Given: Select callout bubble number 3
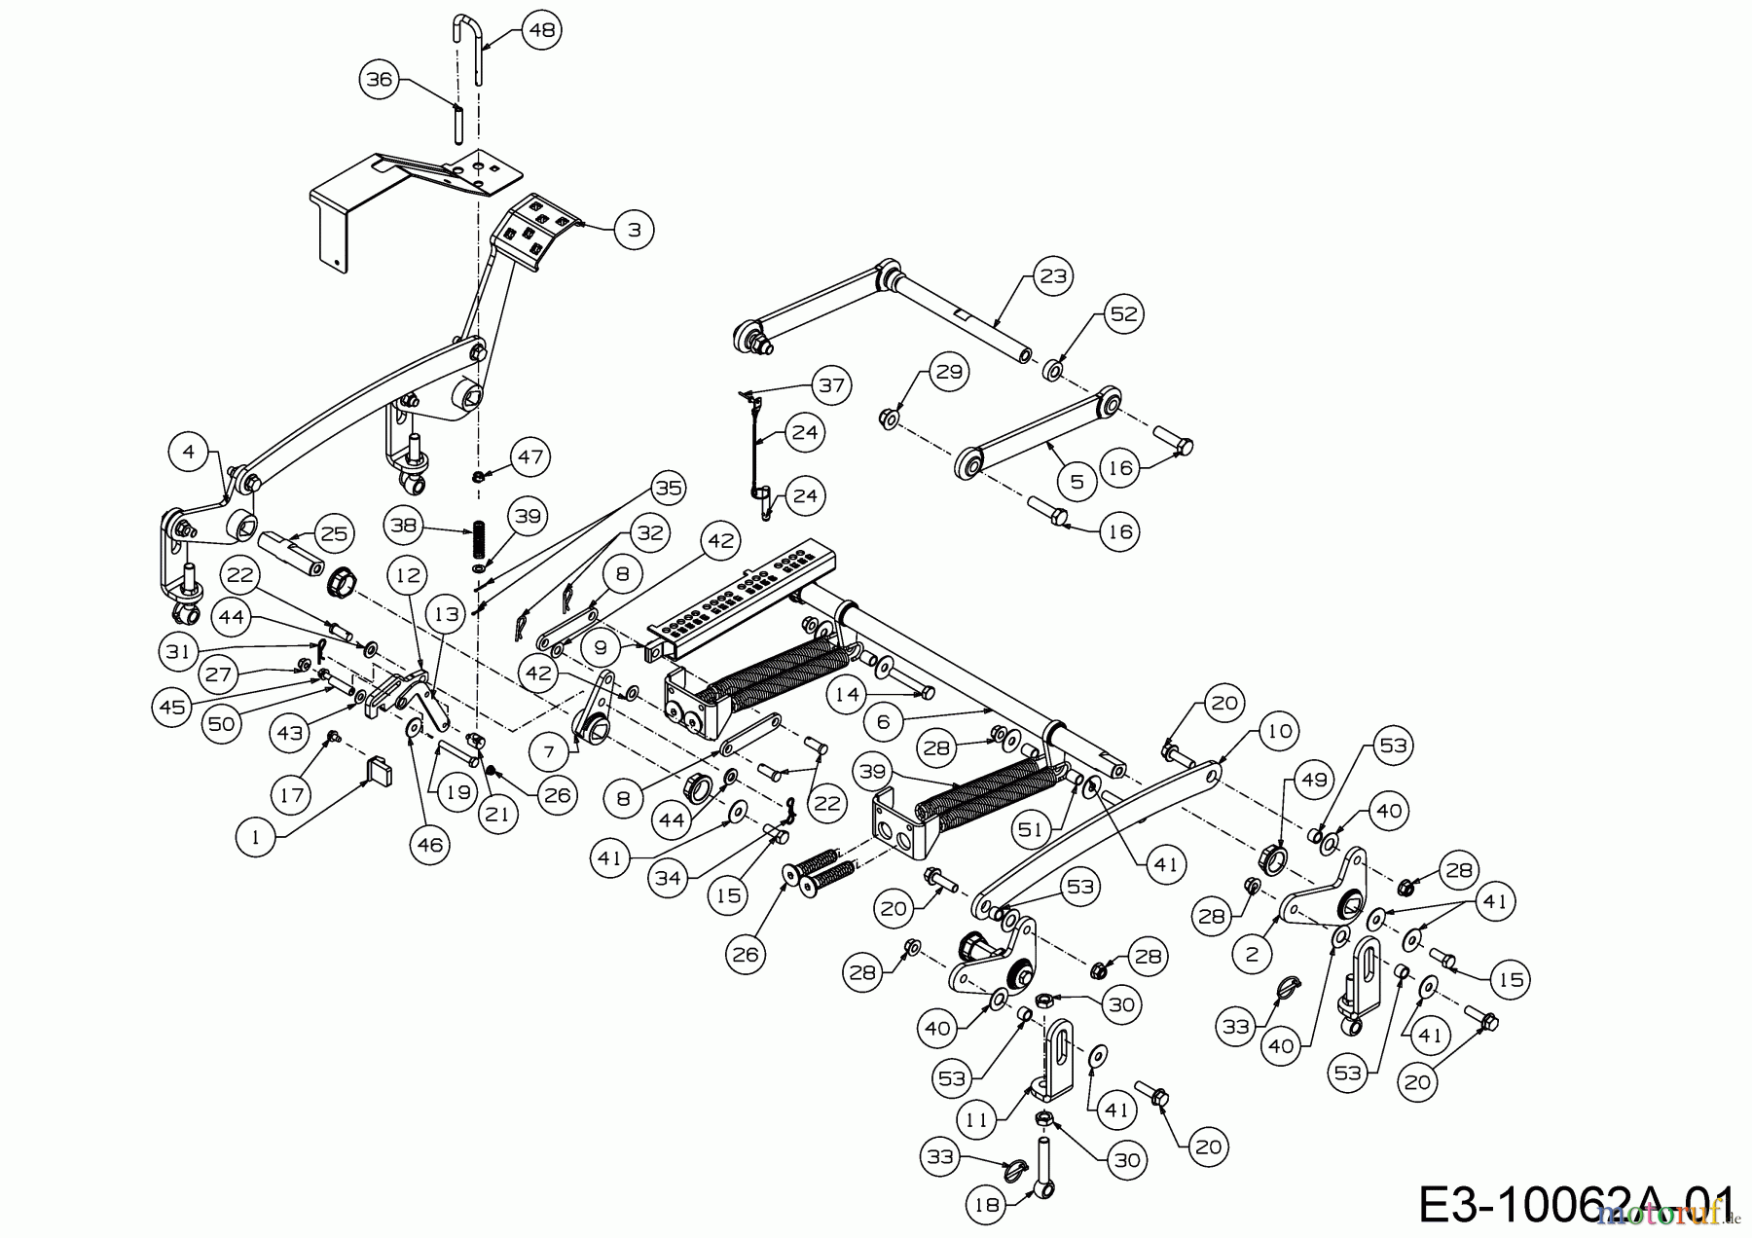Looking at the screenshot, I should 635,230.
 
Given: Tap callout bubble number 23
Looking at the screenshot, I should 1055,275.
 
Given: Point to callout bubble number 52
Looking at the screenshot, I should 1124,314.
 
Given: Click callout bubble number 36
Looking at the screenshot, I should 380,79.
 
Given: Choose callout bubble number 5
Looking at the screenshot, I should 1077,482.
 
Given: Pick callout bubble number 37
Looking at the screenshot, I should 832,385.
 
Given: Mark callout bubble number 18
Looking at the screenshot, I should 986,1205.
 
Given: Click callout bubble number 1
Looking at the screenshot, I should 256,837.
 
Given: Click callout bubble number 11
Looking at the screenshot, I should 976,1119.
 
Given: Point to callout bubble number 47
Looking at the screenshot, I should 529,456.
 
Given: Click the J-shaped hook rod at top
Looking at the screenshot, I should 470,49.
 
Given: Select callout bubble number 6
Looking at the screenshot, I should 883,722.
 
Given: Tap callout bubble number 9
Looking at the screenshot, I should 601,646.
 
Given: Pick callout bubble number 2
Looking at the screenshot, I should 1252,954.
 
